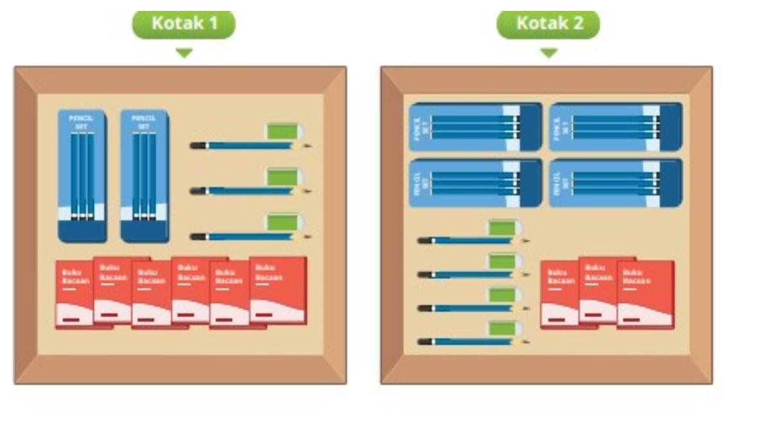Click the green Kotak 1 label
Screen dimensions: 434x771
pyautogui.click(x=184, y=24)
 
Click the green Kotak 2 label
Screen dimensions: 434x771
pyautogui.click(x=548, y=24)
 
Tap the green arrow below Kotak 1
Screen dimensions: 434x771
pyautogui.click(x=184, y=53)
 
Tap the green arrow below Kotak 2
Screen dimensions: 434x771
pyautogui.click(x=548, y=53)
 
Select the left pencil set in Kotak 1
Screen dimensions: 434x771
pyautogui.click(x=82, y=176)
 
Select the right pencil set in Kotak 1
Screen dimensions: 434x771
pyautogui.click(x=145, y=176)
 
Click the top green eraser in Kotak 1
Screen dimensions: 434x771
pyautogui.click(x=283, y=131)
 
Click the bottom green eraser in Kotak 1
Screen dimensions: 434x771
pyautogui.click(x=283, y=222)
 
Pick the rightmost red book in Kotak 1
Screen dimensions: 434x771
pyautogui.click(x=279, y=291)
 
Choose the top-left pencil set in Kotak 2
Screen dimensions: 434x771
pyautogui.click(x=475, y=127)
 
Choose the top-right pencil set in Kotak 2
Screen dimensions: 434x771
pyautogui.click(x=616, y=127)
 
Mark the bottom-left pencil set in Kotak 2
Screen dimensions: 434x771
pyautogui.click(x=475, y=183)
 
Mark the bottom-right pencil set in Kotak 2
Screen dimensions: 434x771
pyautogui.click(x=616, y=183)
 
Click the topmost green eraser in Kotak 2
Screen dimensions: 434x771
pyautogui.click(x=503, y=228)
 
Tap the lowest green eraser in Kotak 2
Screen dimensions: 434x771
pyautogui.click(x=503, y=329)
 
